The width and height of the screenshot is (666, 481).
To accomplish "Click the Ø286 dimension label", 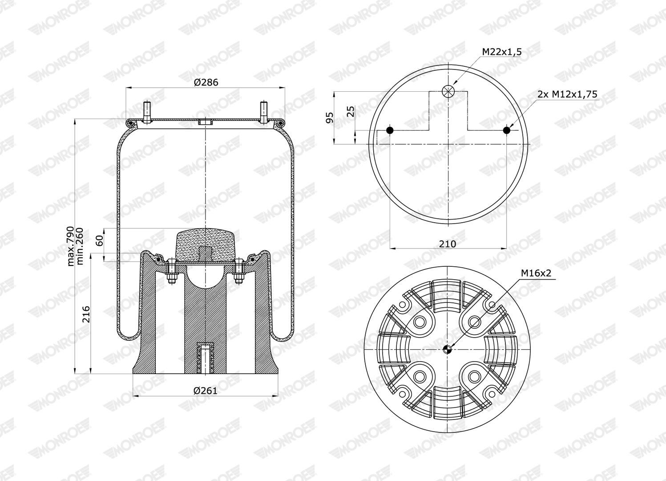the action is [x=206, y=82].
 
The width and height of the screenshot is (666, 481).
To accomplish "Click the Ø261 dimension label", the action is [x=206, y=391].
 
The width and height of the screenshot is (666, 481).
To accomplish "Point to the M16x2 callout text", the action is [x=536, y=273].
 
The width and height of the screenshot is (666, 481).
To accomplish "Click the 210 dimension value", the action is [x=448, y=244].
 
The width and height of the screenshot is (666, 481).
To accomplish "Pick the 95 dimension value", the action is [x=329, y=118].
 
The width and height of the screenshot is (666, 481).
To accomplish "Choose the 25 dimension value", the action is [x=351, y=111].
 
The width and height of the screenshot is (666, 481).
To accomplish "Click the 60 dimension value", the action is [x=100, y=240].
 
